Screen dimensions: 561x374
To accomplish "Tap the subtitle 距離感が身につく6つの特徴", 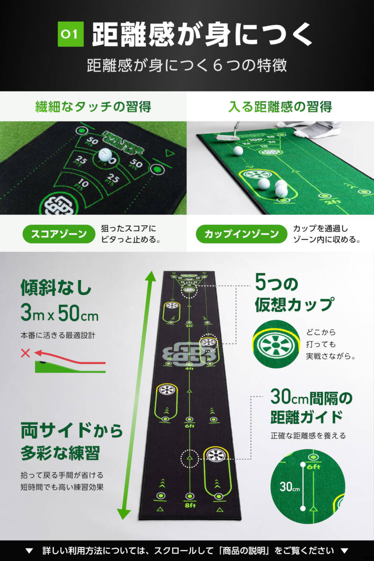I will (187, 65).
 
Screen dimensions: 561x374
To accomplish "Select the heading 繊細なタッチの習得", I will (93, 107).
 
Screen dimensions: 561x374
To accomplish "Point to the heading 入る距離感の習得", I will (280, 107).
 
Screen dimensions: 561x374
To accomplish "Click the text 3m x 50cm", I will (59, 314).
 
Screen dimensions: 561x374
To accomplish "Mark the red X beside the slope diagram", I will (25, 353).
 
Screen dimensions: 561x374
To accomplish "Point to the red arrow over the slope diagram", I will (70, 355).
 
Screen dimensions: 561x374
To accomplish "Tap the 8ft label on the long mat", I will (189, 505).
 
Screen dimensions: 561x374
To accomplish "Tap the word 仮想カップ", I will (294, 304).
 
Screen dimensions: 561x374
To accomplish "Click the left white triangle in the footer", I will (29, 550).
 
